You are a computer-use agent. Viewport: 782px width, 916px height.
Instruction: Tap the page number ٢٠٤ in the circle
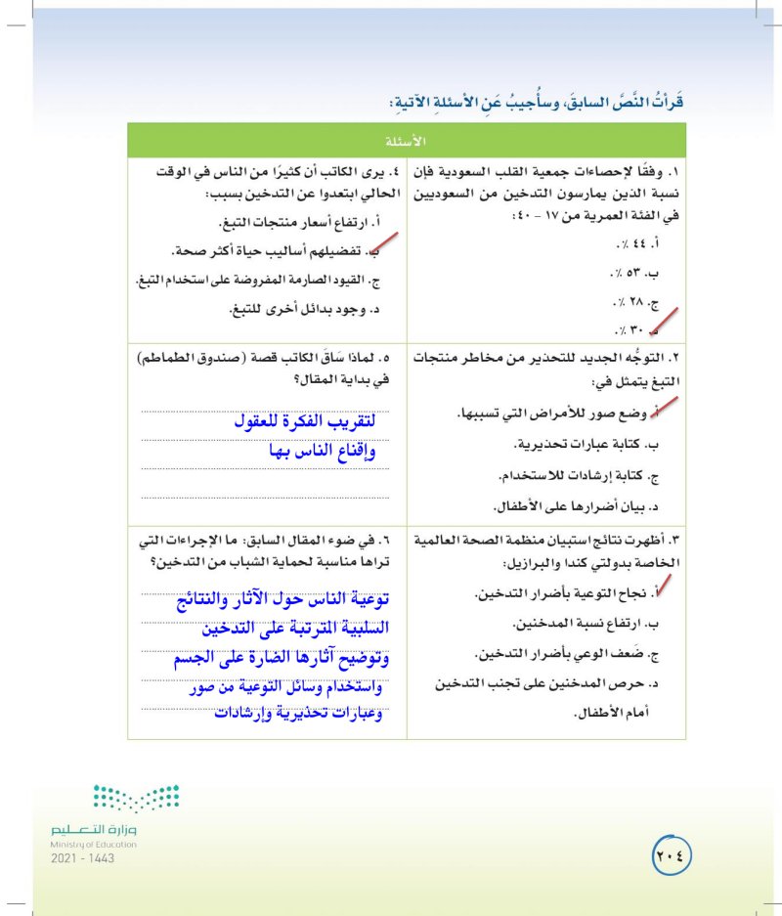(671, 853)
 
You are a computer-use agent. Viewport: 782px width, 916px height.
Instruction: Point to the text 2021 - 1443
(83, 857)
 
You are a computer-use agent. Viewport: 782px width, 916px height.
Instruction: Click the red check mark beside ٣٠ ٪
(665, 321)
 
